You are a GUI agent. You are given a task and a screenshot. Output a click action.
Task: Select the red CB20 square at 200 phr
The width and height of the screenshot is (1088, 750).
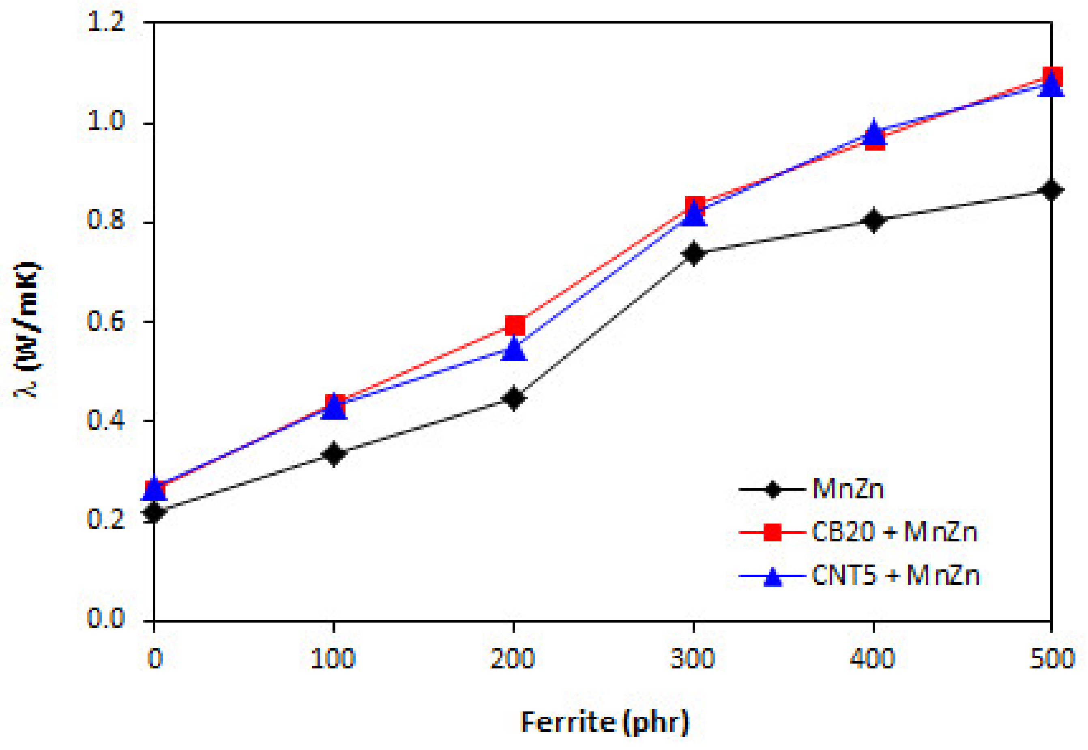515,325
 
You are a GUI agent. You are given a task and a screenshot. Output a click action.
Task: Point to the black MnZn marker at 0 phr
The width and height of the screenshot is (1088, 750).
154,512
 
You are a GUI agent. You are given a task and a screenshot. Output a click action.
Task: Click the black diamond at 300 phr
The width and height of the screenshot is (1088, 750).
693,253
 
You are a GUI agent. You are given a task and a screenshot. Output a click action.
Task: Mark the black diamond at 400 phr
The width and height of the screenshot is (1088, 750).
873,220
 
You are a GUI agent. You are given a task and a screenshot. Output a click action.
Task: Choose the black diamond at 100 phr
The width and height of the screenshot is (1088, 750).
334,453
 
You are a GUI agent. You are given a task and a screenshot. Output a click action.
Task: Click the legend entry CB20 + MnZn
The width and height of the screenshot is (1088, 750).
895,532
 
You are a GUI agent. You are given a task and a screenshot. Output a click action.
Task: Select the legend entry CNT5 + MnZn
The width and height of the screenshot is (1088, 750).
895,575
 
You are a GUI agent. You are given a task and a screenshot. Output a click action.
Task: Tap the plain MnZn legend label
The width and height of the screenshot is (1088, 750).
848,489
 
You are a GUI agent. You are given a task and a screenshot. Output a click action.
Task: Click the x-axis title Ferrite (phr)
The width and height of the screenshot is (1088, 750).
604,722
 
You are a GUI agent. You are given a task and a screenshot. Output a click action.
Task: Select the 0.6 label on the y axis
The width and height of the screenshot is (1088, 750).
106,322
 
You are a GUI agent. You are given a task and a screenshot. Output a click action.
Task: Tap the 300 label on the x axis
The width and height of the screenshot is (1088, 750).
693,659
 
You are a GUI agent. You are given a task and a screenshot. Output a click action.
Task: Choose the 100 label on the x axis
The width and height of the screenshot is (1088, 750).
333,659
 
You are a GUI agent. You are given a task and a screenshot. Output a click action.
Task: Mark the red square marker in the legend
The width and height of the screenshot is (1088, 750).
773,532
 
